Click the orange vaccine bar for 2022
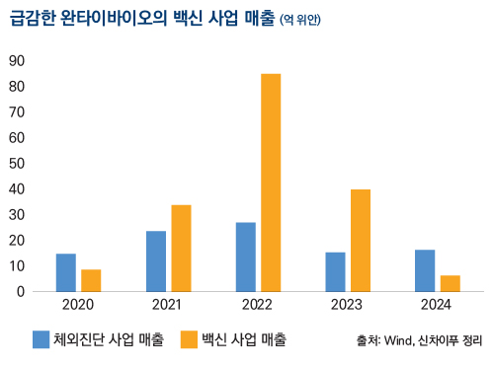pyautogui.click(x=271, y=183)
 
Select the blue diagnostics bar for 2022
pyautogui.click(x=246, y=257)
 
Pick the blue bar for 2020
pyautogui.click(x=66, y=272)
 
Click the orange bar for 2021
pyautogui.click(x=181, y=248)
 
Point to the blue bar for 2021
pyautogui.click(x=156, y=260)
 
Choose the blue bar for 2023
pyautogui.click(x=336, y=271)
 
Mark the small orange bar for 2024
pyautogui.click(x=451, y=283)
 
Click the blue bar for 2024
pyautogui.click(x=425, y=270)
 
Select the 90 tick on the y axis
pyautogui.click(x=16, y=60)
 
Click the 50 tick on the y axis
pyautogui.click(x=16, y=163)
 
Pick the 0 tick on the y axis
pyautogui.click(x=20, y=291)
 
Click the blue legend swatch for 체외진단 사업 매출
pyautogui.click(x=41, y=339)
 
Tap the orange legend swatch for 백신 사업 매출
pyautogui.click(x=189, y=339)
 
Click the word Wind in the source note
pyautogui.click(x=398, y=341)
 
